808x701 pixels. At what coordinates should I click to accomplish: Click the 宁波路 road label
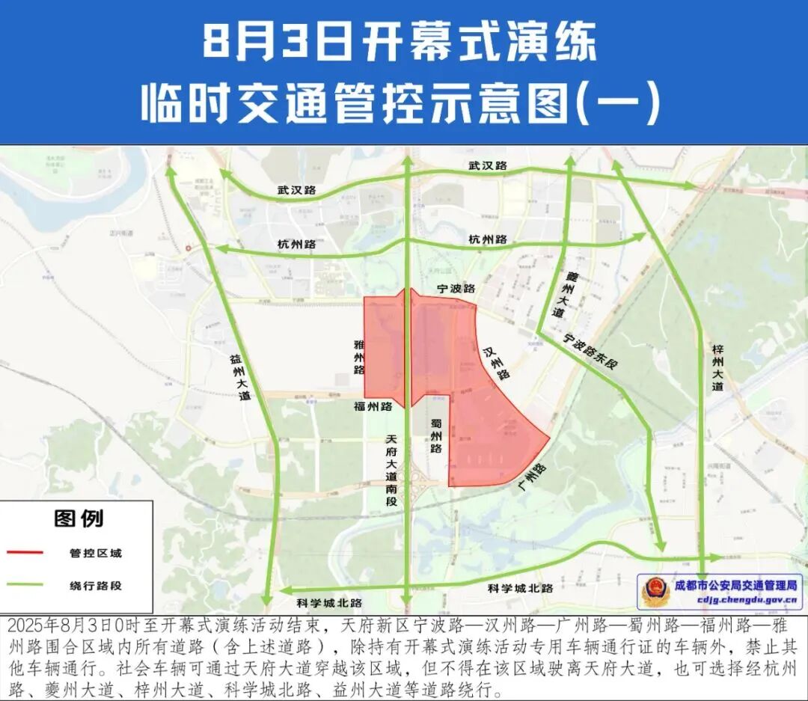457,288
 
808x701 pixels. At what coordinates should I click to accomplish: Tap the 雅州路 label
359,358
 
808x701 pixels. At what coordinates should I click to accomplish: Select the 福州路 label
373,407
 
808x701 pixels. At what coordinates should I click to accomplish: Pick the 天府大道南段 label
389,469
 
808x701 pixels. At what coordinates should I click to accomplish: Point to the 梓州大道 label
718,367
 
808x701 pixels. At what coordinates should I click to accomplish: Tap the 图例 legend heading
79,518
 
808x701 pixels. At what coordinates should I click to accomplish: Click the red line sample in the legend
29,554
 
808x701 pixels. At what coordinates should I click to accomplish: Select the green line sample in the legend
29,586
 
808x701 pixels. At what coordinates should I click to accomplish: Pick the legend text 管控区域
96,554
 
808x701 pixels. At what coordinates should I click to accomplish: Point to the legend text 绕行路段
96,586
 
